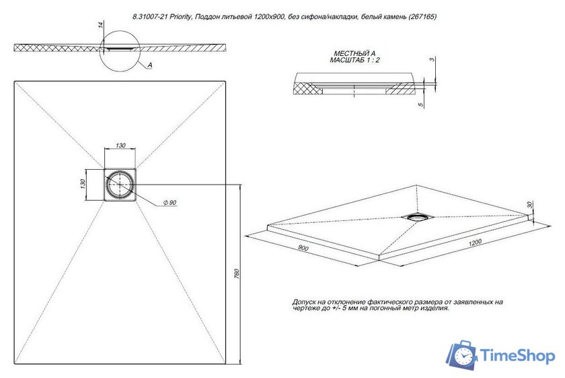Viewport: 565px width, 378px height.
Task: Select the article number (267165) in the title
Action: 419,17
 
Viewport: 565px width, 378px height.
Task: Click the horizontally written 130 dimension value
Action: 120,145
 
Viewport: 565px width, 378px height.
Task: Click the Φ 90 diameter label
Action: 169,203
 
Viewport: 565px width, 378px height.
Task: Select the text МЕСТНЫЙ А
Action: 354,53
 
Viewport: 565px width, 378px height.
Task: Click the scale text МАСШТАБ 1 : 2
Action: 354,60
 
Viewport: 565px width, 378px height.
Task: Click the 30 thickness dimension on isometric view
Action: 530,204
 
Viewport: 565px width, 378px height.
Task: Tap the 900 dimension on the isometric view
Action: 303,249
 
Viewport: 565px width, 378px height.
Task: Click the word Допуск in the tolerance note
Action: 305,302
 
